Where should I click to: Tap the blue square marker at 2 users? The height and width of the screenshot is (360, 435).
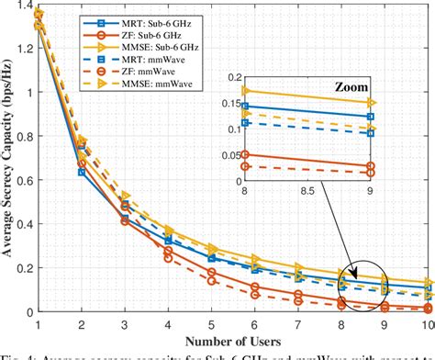[x=82, y=172]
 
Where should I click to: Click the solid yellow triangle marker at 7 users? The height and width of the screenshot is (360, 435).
[x=297, y=267]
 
